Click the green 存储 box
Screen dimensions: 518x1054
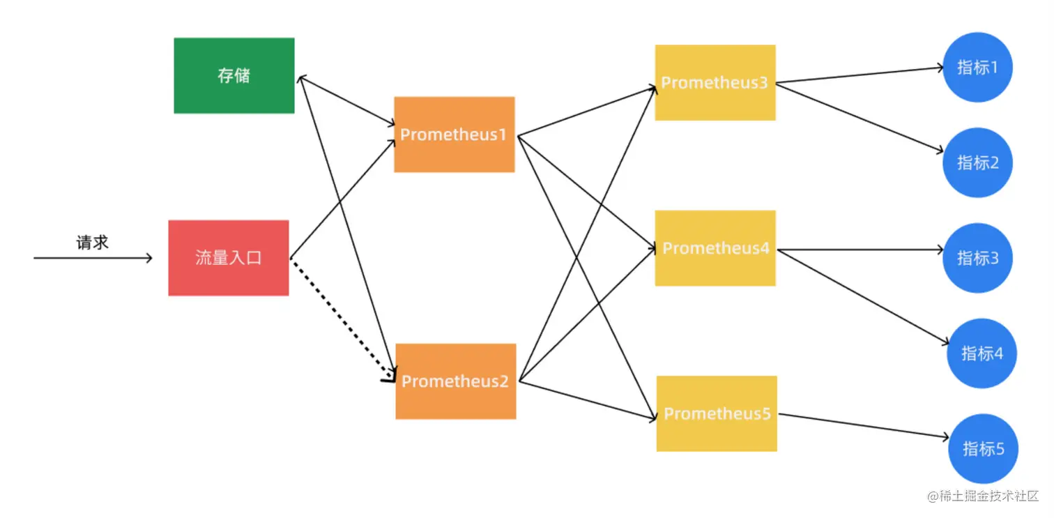[234, 75]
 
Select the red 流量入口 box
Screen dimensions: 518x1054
[229, 258]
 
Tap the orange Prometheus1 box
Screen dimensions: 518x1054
[454, 135]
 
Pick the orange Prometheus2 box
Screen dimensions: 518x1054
[455, 381]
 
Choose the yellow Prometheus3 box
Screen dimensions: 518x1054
[715, 82]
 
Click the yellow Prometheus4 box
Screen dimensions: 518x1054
[715, 248]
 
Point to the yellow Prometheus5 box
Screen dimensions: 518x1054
[717, 413]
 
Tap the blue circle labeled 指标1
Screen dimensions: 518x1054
[977, 68]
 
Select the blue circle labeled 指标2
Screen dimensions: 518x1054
[977, 162]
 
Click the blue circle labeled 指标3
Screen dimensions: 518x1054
[977, 258]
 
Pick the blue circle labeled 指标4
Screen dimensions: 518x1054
[982, 353]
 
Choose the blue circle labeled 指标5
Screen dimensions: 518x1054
[983, 448]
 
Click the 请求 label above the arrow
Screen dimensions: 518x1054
[93, 243]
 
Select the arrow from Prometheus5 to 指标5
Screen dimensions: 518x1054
[864, 426]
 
